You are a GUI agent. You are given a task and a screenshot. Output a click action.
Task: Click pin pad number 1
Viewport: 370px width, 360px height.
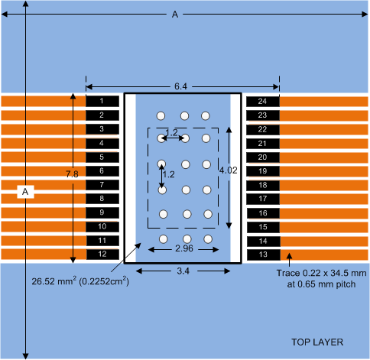coord(102,101)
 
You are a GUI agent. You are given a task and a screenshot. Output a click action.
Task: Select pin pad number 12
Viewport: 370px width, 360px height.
coord(102,255)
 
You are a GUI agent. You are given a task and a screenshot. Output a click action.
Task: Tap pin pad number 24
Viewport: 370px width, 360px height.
coord(262,101)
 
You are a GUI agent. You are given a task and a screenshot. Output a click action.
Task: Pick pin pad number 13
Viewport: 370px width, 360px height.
coord(262,255)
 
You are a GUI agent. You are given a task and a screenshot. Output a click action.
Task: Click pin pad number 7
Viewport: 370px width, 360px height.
coord(102,185)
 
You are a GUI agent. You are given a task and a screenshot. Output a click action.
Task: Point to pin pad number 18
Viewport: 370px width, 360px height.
coord(262,185)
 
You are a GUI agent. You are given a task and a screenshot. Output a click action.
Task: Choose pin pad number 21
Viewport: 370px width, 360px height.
coord(262,143)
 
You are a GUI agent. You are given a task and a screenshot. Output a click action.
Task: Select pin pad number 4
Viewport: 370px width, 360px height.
coord(102,143)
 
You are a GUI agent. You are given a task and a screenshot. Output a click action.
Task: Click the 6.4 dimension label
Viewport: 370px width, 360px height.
coord(180,88)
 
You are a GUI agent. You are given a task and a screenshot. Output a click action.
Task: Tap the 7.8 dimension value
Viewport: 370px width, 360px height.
coord(72,175)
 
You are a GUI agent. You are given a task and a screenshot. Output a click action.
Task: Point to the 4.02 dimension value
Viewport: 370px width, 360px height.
coord(229,170)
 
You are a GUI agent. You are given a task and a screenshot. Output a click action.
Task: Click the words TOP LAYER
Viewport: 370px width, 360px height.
coord(316,341)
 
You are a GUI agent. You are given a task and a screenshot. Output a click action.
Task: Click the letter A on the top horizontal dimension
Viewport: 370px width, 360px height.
coord(176,14)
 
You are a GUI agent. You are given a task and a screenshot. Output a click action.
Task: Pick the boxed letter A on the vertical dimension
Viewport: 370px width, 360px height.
coord(26,192)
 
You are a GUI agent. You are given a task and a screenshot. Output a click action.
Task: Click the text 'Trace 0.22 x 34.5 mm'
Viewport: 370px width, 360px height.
coord(319,272)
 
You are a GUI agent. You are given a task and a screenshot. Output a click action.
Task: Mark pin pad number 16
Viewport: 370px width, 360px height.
coord(262,213)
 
